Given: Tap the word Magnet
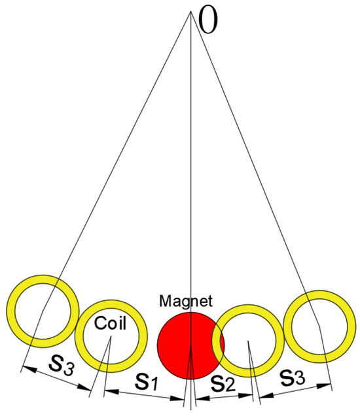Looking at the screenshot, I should [186, 302].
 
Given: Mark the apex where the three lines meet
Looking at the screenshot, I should [190, 11].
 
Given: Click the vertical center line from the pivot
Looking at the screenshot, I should [190, 164].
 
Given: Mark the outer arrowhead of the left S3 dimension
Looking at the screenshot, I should [25, 368].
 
